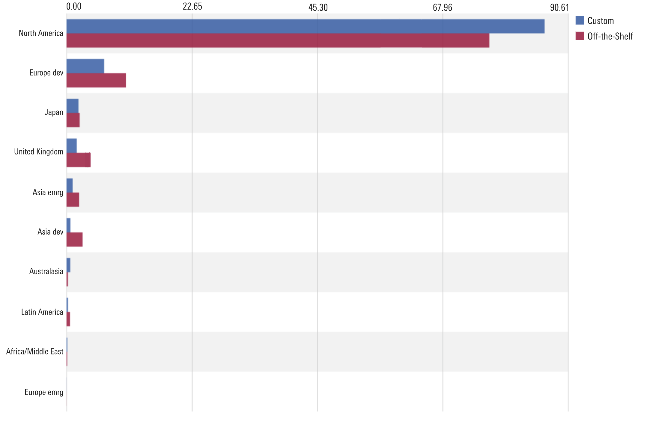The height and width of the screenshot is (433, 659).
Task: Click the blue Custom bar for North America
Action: click(305, 26)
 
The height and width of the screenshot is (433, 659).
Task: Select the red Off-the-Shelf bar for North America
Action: click(278, 40)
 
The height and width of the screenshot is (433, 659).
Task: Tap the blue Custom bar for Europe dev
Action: click(85, 66)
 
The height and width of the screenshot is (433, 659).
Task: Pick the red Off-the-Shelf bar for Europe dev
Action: click(96, 80)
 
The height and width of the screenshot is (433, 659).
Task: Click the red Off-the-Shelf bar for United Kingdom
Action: click(78, 160)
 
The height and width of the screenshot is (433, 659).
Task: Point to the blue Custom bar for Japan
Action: click(72, 106)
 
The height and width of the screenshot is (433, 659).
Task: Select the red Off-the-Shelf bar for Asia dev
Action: click(74, 240)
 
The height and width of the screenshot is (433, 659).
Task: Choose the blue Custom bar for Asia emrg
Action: click(70, 185)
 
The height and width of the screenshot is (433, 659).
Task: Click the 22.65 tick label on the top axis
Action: click(192, 7)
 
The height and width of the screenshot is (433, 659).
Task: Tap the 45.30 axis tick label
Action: click(318, 7)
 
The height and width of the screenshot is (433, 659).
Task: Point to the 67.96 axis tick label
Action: click(442, 7)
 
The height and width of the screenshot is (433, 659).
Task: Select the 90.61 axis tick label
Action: click(559, 7)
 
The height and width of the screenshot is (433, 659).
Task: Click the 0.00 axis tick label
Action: click(74, 7)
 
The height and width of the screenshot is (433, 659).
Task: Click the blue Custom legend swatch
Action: click(580, 20)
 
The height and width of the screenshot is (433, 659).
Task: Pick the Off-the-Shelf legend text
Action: click(610, 36)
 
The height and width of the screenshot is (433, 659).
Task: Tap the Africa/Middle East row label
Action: click(35, 351)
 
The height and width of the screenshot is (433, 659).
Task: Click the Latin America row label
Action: click(42, 312)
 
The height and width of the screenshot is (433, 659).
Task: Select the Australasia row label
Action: click(46, 271)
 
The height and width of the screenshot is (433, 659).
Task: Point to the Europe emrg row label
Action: click(44, 392)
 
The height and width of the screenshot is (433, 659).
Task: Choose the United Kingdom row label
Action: click(38, 152)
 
